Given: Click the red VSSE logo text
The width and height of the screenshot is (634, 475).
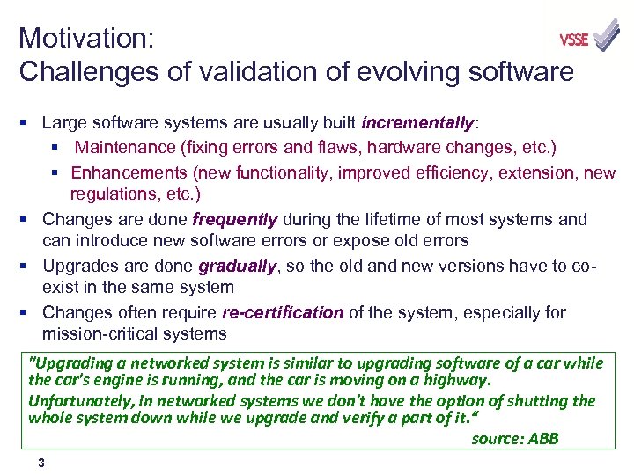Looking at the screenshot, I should coord(574,40).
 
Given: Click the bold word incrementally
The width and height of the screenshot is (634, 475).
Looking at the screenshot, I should coord(418,122).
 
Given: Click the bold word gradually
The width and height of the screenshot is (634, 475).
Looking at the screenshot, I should coord(237,267).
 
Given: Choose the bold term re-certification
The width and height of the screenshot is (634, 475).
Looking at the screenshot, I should coord(283,313).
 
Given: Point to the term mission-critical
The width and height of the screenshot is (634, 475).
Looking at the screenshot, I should coord(98,333).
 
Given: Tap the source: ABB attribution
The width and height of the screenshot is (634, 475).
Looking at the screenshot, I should coord(514,438).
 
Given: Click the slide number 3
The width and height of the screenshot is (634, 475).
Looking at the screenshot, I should coord(41,463).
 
